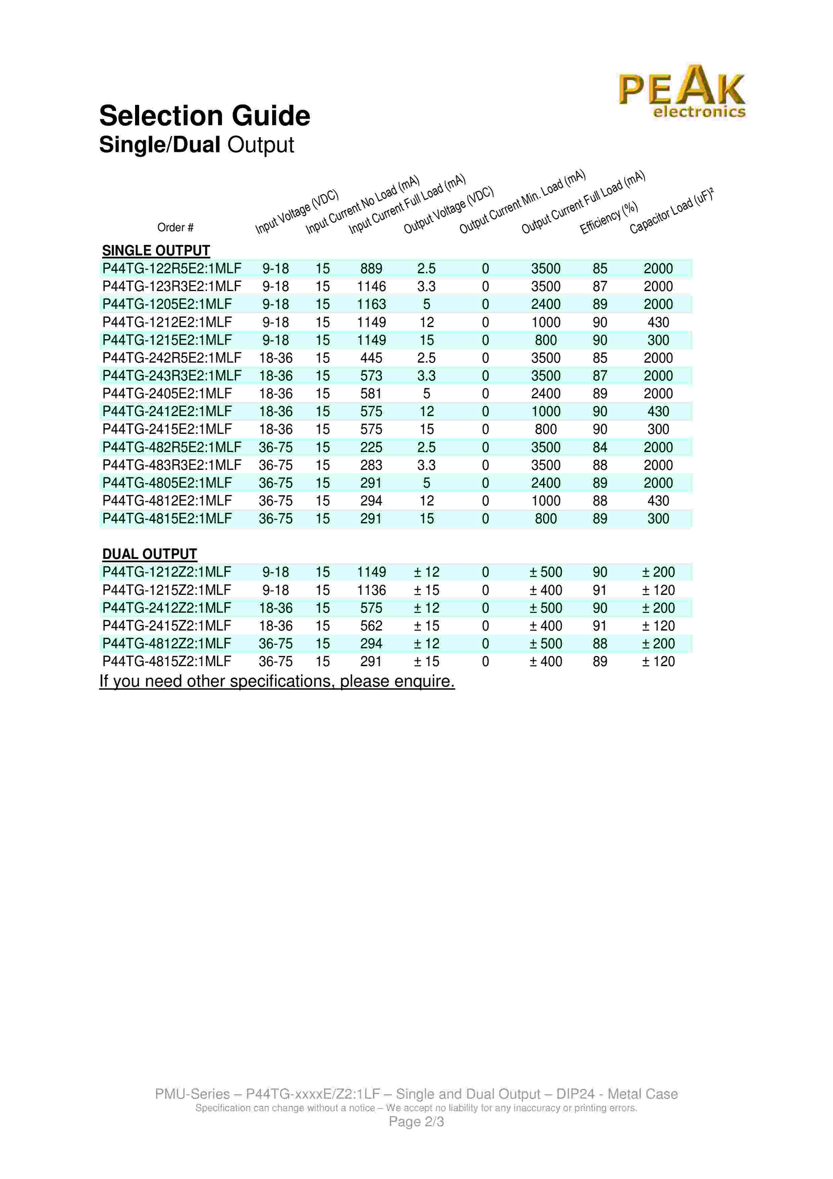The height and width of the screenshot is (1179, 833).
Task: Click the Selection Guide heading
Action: click(x=204, y=116)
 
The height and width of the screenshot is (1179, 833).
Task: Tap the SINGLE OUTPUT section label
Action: click(x=156, y=251)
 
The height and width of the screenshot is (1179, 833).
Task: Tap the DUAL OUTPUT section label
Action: click(x=149, y=554)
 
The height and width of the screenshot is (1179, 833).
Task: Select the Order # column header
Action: click(x=175, y=228)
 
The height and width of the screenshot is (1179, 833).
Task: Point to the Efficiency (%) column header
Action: click(x=609, y=218)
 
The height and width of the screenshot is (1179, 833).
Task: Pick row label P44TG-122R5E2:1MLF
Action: click(x=171, y=269)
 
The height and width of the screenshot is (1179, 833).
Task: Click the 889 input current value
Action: click(x=371, y=269)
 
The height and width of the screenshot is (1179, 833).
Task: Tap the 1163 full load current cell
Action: click(x=371, y=304)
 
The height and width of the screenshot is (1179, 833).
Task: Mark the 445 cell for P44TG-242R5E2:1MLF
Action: click(x=371, y=358)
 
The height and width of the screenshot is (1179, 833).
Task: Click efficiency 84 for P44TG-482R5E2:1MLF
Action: click(x=599, y=447)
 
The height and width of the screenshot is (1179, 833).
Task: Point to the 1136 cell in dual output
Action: click(x=371, y=590)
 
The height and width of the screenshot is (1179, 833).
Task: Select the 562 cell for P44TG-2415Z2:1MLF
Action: click(x=371, y=626)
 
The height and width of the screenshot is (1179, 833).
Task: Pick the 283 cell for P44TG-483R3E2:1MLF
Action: click(x=371, y=465)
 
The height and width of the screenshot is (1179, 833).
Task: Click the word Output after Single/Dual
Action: click(x=261, y=145)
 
